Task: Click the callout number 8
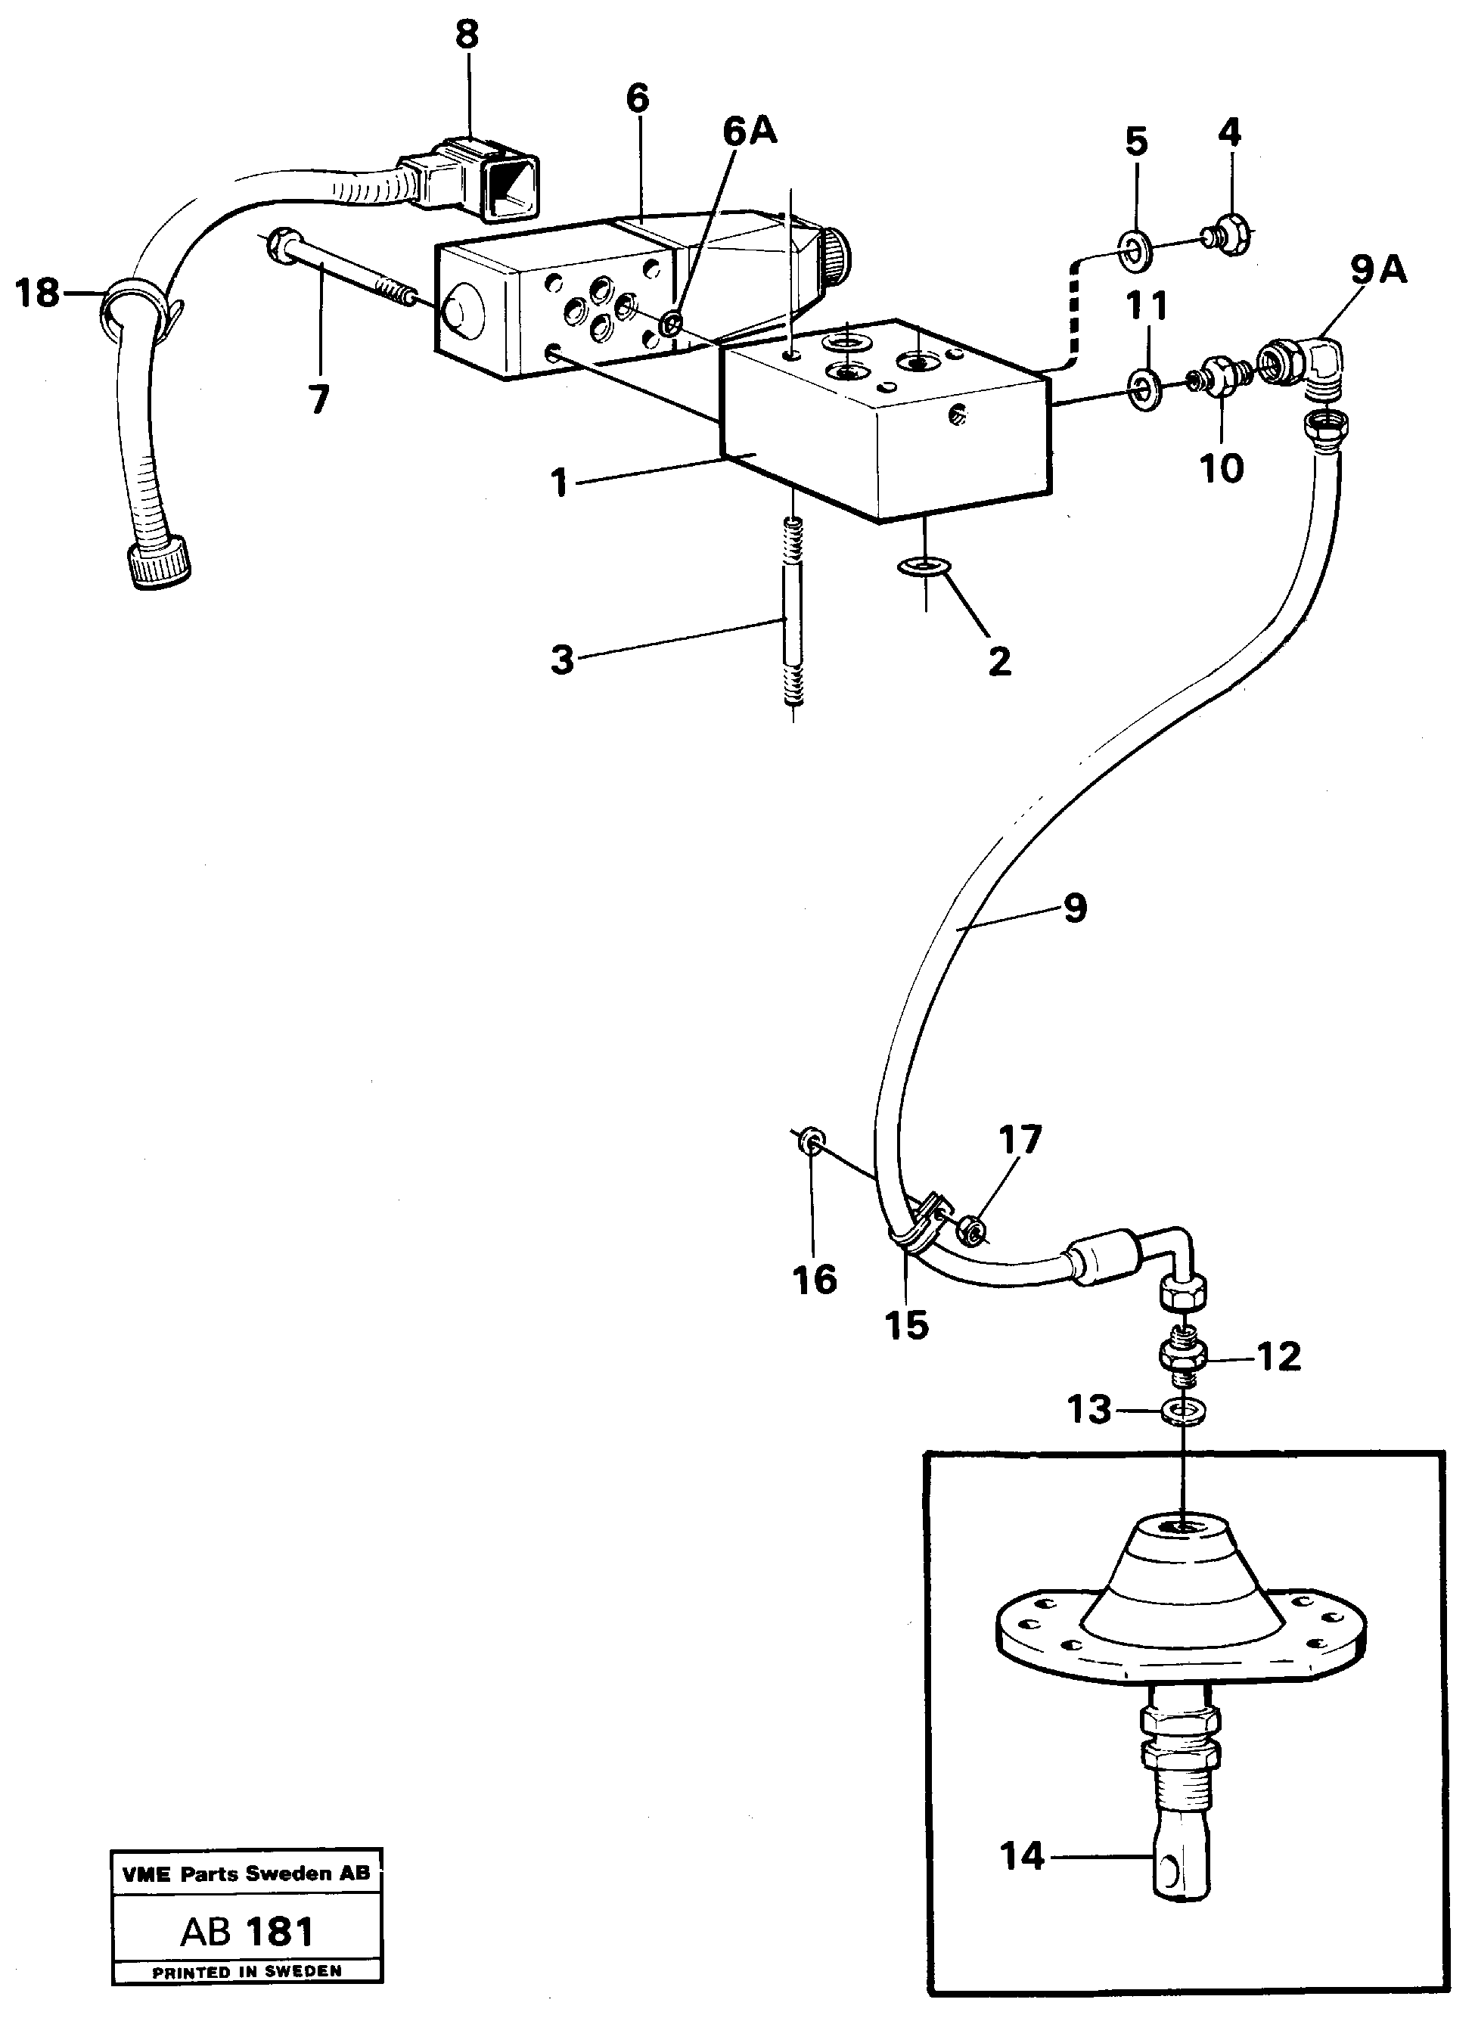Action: (x=466, y=35)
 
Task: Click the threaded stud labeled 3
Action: (x=793, y=616)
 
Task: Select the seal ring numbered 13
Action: (x=1184, y=1411)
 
